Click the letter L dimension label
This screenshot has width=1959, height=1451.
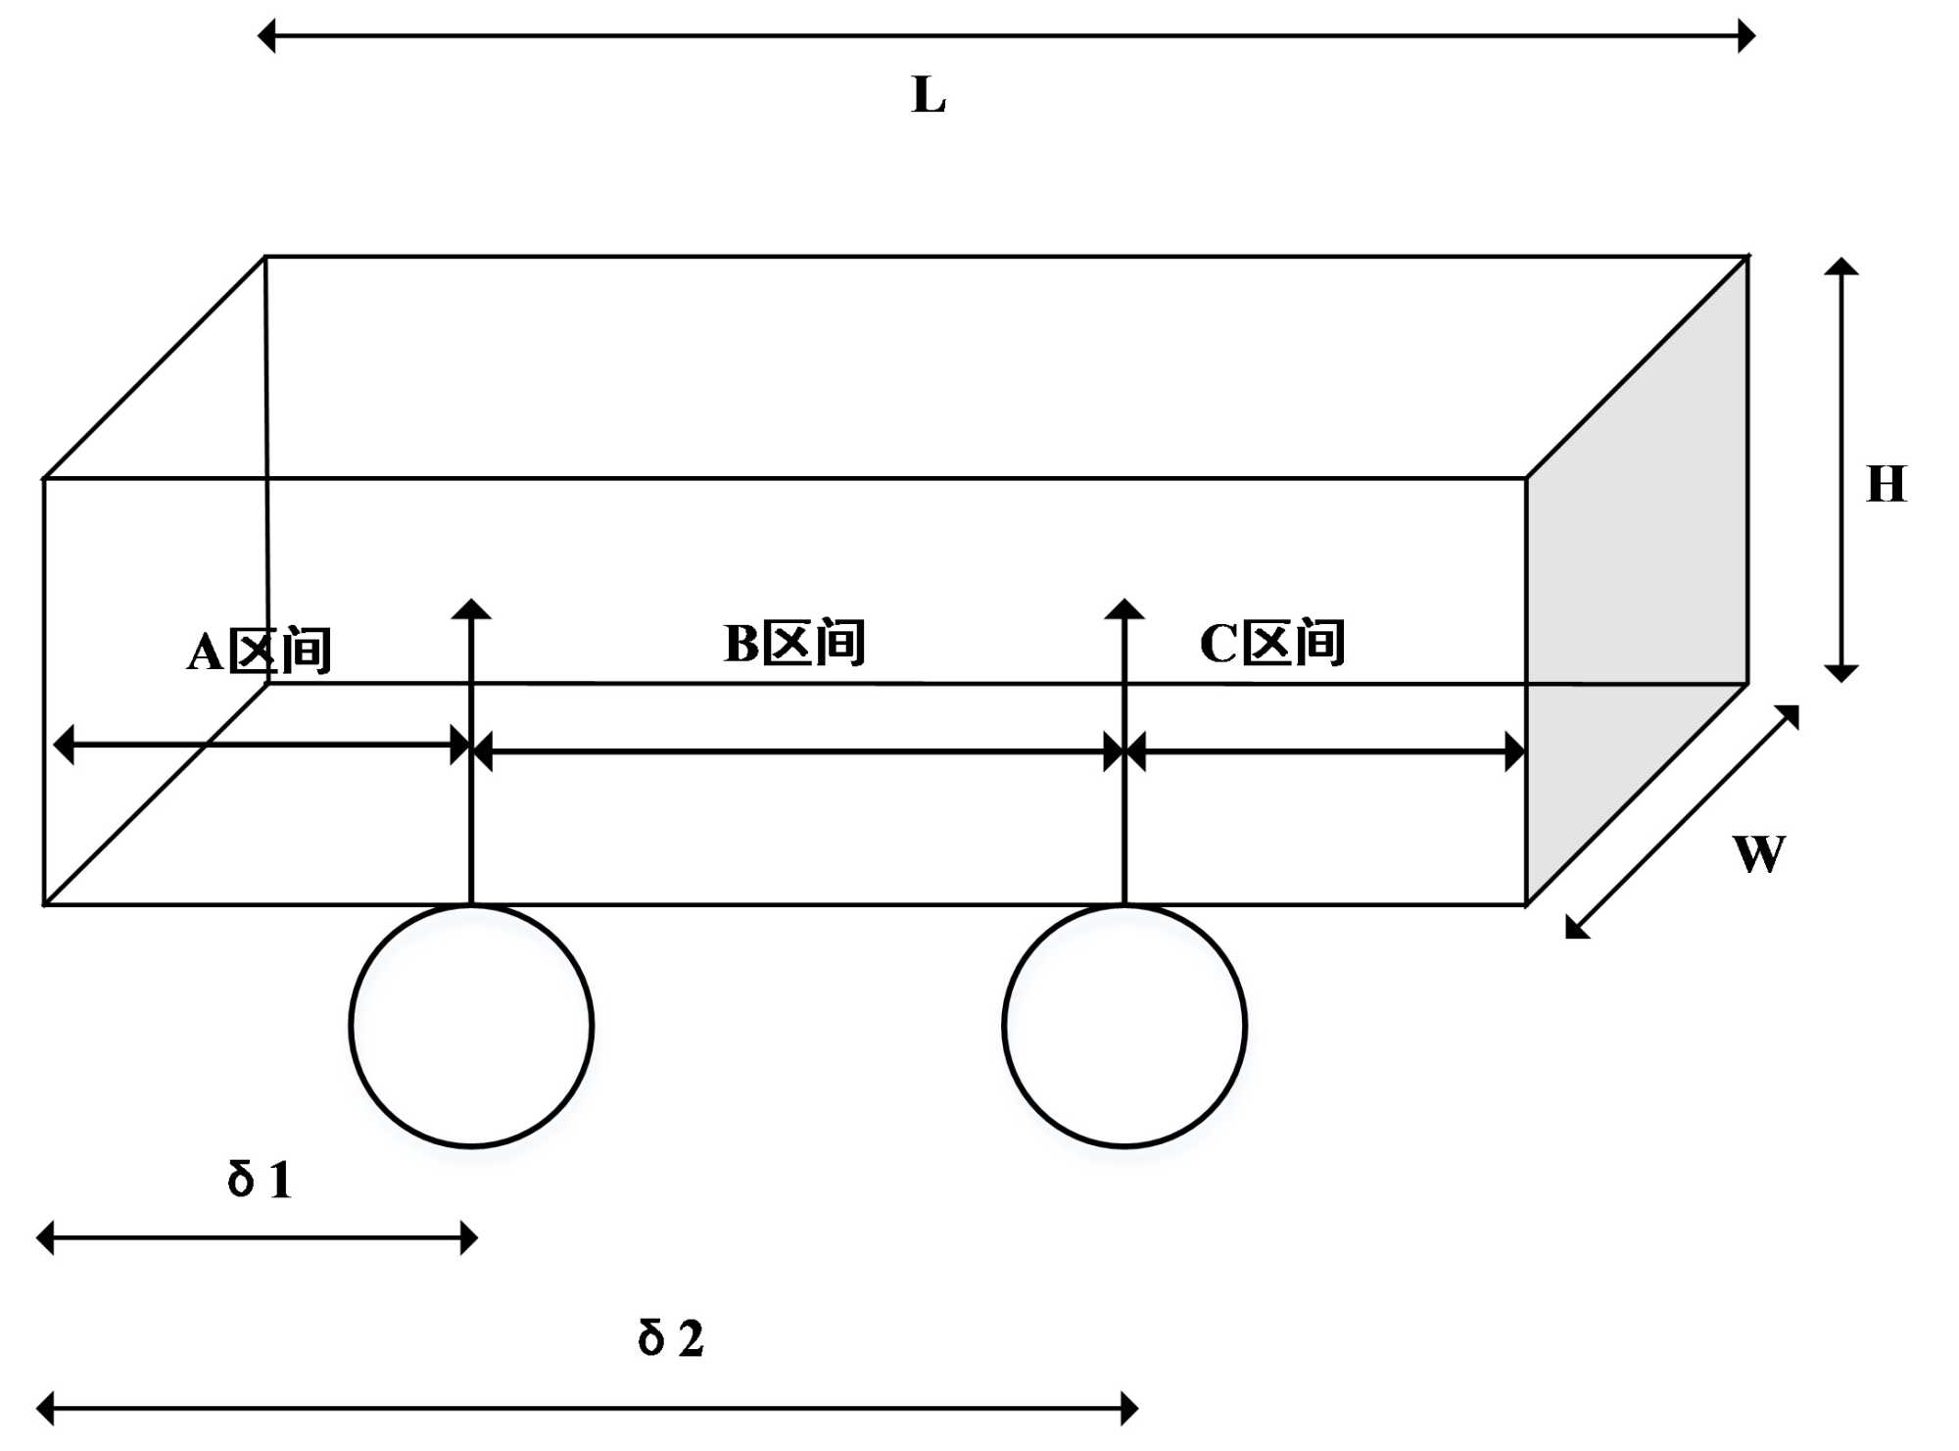click(x=929, y=96)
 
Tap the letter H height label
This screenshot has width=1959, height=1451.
click(x=1887, y=484)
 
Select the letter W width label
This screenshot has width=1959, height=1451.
click(x=1759, y=853)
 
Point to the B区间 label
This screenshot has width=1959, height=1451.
click(x=794, y=644)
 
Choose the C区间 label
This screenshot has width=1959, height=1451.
click(x=1272, y=644)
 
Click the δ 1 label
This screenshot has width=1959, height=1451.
click(x=260, y=1179)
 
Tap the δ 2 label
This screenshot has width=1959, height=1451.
click(x=671, y=1338)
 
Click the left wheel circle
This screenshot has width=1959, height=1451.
click(x=471, y=1026)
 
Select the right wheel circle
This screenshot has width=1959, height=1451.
click(x=1124, y=1026)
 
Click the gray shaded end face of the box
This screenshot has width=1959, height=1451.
click(x=1637, y=588)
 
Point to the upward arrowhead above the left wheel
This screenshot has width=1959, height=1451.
click(x=471, y=609)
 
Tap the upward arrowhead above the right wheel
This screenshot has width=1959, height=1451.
click(x=1124, y=609)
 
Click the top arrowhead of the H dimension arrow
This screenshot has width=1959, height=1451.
click(x=1841, y=266)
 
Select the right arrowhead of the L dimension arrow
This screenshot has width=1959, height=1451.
click(x=1745, y=36)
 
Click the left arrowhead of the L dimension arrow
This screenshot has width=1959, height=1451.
click(x=266, y=36)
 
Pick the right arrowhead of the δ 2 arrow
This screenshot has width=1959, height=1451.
click(x=1129, y=1409)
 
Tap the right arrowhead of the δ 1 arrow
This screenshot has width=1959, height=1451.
click(x=469, y=1237)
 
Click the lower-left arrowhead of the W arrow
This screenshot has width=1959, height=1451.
click(x=1576, y=928)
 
